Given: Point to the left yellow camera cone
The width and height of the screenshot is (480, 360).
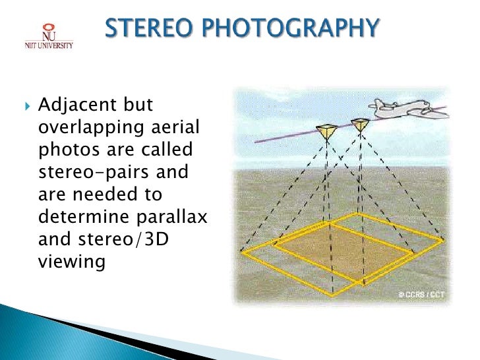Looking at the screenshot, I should click(x=326, y=133).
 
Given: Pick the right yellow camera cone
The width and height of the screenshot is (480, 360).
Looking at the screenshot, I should click(x=360, y=125).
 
